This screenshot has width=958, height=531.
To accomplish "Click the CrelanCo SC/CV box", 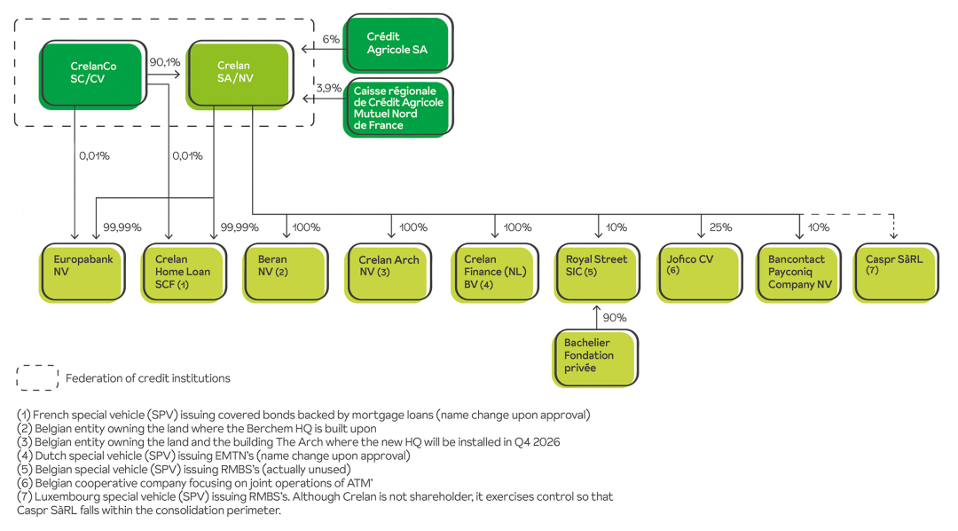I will tap(92, 72).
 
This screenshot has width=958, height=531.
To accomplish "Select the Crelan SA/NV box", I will tap(237, 72).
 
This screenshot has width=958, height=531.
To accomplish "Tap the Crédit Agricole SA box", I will tap(397, 43).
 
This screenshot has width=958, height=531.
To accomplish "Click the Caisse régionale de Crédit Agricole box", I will tap(397, 107).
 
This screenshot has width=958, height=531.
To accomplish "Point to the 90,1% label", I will tap(165, 63).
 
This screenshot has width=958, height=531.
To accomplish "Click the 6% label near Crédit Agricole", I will tap(331, 39).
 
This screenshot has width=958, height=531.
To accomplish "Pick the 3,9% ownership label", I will tap(329, 88).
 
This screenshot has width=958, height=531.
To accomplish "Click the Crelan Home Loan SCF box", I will tap(183, 271).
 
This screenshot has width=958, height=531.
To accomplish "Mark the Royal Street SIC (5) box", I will tap(596, 271).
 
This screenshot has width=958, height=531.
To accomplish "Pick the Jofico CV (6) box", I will tap(699, 271).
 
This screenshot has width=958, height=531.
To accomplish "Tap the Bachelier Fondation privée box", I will tap(594, 356).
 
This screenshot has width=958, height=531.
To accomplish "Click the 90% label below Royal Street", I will tap(615, 318).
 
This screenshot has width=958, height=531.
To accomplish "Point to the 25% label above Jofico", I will tap(721, 227).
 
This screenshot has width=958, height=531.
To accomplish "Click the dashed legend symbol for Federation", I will tap(36, 378).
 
